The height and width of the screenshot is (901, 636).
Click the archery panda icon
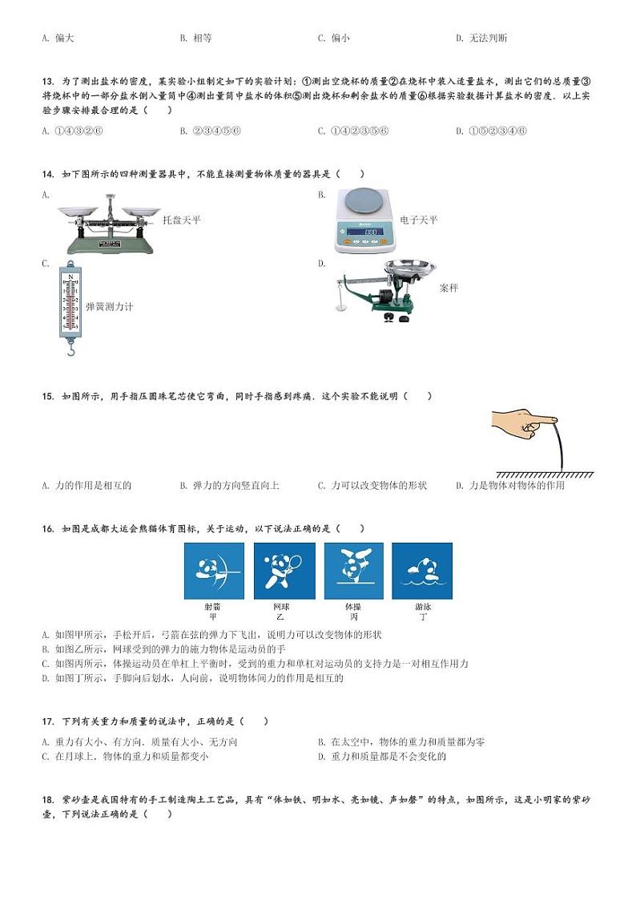point(213,571)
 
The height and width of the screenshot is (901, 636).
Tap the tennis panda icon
point(284,571)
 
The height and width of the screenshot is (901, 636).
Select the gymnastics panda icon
point(353,571)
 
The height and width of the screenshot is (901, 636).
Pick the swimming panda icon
point(422,571)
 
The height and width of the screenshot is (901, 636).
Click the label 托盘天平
point(182,220)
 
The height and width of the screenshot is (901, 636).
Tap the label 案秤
point(449,288)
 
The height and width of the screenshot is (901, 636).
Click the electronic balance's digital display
point(370,233)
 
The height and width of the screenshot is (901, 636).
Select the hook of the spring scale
point(70,348)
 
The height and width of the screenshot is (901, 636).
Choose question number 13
point(47,81)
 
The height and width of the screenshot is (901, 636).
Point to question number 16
point(47,528)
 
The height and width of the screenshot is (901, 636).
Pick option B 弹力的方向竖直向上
point(230,485)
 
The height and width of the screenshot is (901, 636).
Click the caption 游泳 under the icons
point(422,608)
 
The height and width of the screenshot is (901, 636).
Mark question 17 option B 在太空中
point(401,741)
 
